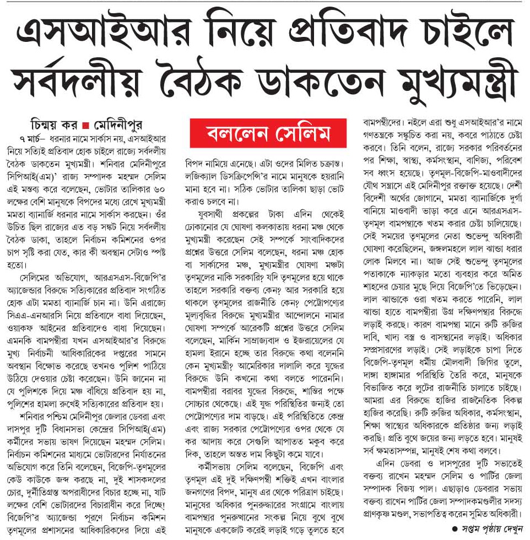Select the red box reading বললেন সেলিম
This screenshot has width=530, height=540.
point(268,134)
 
